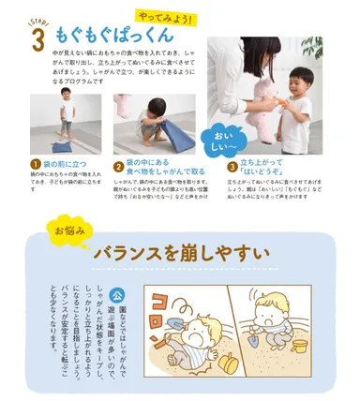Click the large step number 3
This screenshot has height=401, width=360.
click(x=37, y=41)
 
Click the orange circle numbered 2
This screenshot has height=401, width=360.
click(x=119, y=166)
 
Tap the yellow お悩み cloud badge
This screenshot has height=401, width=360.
click(x=68, y=229)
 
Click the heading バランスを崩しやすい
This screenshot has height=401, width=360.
click(x=181, y=254)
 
